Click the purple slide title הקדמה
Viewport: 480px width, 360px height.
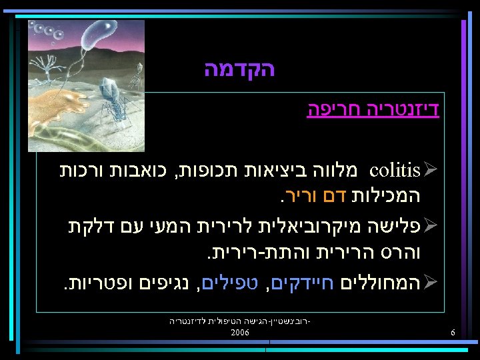click(239, 69)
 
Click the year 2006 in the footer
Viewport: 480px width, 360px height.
click(240, 332)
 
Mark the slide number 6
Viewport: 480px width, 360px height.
click(453, 332)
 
